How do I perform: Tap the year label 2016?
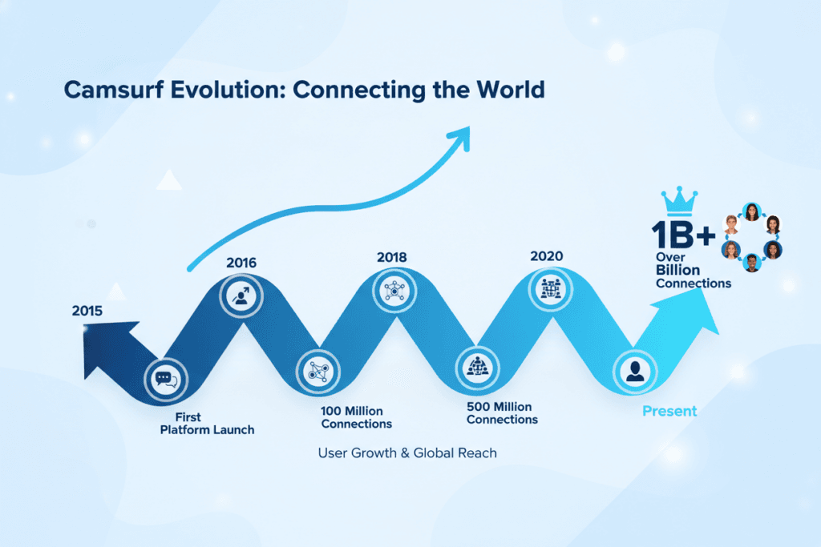[241, 261]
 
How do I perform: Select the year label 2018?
[391, 257]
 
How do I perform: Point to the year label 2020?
[546, 256]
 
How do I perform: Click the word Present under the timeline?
[669, 411]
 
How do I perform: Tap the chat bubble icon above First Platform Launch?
[165, 378]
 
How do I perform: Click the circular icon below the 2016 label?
[240, 295]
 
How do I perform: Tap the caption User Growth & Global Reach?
[407, 453]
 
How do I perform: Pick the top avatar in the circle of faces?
[751, 211]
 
